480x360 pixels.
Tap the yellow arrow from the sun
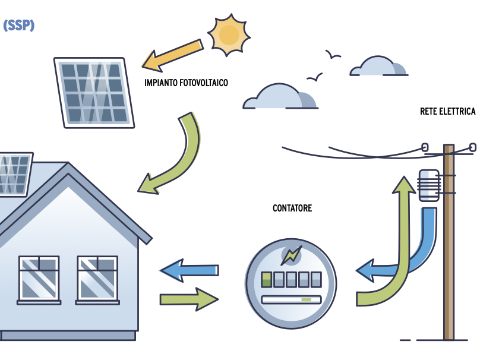(172, 54)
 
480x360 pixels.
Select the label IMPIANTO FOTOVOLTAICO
(186, 83)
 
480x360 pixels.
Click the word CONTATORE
(292, 209)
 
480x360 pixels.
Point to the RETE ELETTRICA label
(447, 112)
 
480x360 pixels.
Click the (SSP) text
(18, 26)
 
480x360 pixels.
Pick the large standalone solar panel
(94, 92)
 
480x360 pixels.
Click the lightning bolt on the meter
(291, 255)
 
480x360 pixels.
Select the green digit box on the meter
(267, 279)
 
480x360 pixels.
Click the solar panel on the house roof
(15, 174)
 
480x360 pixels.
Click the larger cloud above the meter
(280, 97)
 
